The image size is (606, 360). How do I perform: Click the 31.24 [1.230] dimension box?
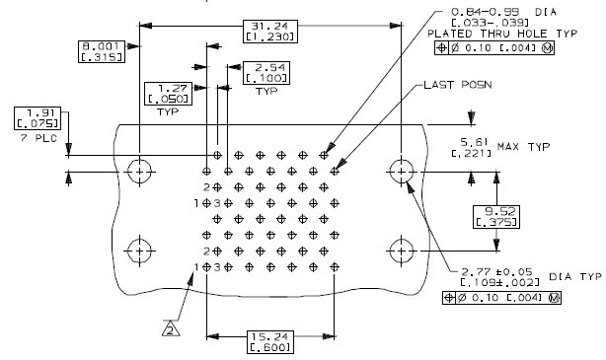263,31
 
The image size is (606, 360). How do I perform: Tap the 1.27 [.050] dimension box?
167,92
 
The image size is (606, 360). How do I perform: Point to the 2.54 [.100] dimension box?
265,71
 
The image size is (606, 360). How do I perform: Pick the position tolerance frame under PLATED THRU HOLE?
493,49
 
